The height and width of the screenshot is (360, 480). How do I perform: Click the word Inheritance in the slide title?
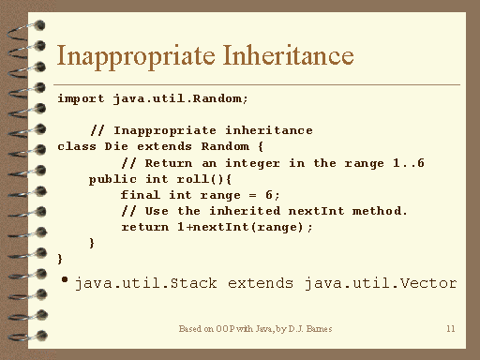288,55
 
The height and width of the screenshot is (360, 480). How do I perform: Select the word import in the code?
81,99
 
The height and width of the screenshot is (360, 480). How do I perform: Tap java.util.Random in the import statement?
177,98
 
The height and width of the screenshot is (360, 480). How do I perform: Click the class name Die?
116,146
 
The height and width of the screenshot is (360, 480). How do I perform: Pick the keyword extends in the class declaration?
164,146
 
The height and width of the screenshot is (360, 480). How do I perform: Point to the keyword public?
112,180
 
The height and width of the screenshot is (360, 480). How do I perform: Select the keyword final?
141,195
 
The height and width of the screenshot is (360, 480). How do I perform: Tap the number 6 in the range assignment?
269,195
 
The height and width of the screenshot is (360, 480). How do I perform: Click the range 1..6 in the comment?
409,163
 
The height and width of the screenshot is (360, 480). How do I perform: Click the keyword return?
145,227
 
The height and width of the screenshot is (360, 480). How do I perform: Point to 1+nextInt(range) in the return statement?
240,227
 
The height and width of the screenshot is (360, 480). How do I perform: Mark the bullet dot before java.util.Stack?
65,279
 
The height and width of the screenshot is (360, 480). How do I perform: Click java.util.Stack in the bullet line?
146,283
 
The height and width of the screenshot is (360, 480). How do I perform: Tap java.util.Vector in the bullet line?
381,283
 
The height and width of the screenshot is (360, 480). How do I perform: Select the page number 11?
451,329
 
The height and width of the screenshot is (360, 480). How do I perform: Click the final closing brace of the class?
60,259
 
